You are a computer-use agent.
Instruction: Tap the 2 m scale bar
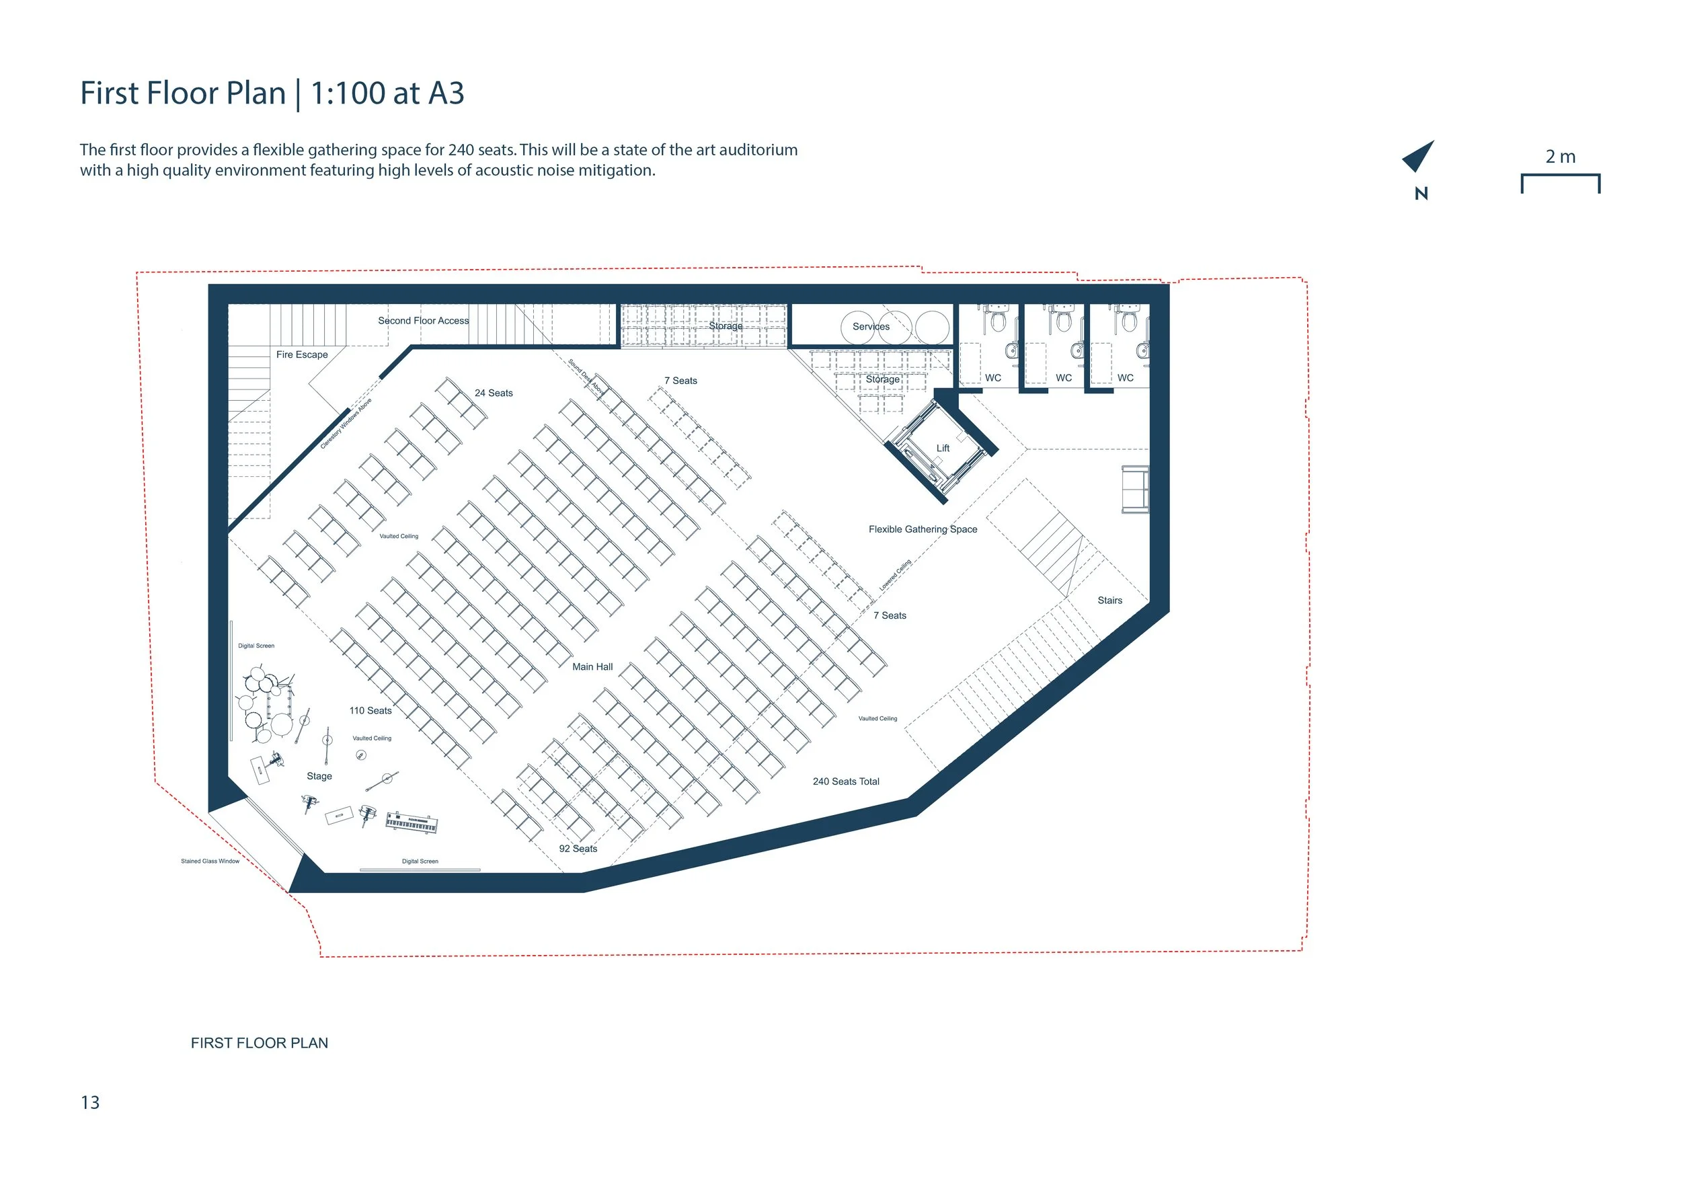(1560, 182)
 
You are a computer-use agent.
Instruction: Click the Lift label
(943, 448)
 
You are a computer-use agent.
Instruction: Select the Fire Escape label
(302, 354)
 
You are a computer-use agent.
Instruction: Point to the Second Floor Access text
(423, 321)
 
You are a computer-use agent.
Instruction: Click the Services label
(871, 327)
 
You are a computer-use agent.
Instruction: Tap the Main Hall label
(592, 667)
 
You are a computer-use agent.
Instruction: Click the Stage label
(319, 776)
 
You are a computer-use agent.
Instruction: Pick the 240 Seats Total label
(846, 781)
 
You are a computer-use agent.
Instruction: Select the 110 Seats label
(370, 710)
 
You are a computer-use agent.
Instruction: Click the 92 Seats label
(578, 849)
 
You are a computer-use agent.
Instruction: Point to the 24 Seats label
(494, 393)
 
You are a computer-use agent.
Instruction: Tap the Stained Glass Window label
(210, 861)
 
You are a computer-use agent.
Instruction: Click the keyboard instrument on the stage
(412, 823)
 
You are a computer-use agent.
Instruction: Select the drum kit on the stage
(265, 699)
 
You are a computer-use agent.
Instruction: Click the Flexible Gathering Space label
(923, 529)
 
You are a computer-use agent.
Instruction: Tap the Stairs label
(1109, 601)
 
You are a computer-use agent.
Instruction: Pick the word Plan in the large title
(256, 93)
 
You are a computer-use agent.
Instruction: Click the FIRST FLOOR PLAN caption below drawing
(259, 1042)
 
